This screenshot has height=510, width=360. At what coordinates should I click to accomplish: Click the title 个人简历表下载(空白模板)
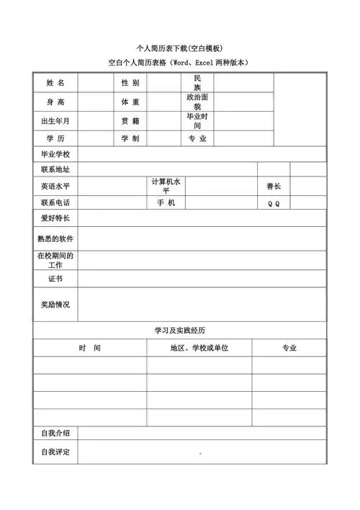179,48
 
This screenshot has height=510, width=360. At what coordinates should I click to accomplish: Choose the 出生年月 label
55,120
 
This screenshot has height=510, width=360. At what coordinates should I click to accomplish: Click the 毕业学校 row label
55,154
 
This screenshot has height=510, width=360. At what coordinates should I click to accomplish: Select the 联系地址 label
55,170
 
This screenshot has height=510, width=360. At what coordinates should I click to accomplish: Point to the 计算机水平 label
166,186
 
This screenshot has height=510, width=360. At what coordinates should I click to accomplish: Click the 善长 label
274,186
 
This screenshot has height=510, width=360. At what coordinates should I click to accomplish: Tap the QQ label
274,203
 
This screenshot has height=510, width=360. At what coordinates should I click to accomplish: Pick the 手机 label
166,203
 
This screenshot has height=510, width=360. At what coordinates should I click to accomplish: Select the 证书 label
55,278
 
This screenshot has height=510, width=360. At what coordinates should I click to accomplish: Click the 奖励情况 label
55,305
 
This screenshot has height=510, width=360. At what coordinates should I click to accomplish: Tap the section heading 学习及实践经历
179,330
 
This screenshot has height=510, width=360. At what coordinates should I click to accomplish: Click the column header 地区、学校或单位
199,348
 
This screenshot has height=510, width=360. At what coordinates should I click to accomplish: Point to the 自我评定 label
55,452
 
